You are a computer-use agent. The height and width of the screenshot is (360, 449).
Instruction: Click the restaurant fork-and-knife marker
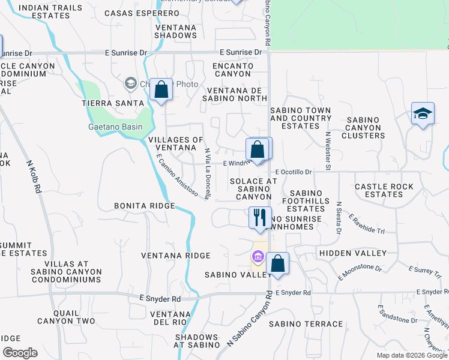[x=261, y=217]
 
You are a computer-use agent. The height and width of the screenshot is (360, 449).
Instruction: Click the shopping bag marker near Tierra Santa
[x=161, y=90]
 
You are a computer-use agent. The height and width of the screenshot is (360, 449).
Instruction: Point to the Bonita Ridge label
[x=144, y=206]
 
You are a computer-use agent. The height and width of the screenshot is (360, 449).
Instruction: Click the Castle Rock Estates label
[x=384, y=190]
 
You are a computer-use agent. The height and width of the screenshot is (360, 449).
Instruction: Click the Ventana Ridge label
[x=176, y=256]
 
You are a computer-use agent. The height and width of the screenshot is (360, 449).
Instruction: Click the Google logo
[x=20, y=353]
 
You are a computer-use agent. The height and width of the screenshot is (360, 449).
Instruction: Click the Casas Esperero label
[x=136, y=13]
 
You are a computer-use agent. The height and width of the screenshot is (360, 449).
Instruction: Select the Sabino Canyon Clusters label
[x=363, y=127]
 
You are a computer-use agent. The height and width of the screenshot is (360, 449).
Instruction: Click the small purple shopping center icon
[x=258, y=257]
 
